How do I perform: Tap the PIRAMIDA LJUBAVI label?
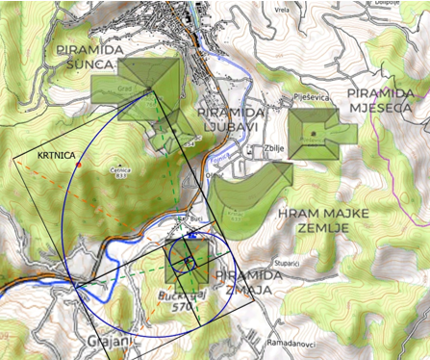coord(232,121)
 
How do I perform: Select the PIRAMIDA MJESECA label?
coord(385,99)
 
